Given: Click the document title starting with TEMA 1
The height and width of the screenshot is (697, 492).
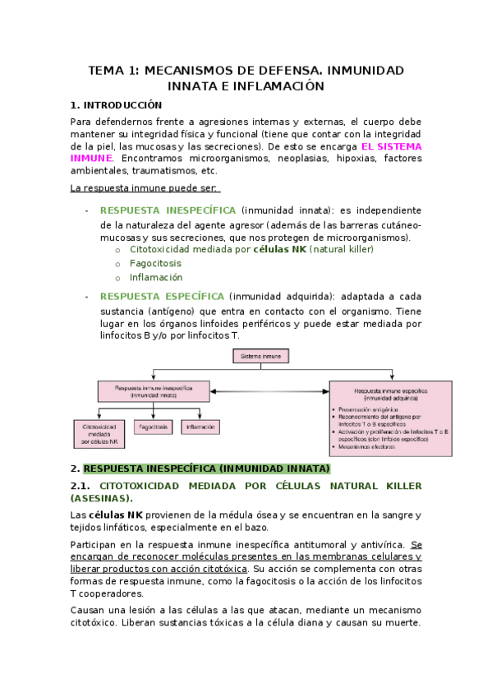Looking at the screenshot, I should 246,78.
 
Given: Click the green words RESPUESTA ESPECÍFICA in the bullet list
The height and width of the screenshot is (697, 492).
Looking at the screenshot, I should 161,296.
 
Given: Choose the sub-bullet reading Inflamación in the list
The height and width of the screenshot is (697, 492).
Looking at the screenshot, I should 156,278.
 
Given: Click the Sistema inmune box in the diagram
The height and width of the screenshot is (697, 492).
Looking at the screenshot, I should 260,357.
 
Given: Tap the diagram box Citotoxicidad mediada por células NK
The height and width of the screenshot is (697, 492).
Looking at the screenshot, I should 99,434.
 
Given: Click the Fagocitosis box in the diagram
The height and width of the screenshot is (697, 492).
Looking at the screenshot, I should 154,427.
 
